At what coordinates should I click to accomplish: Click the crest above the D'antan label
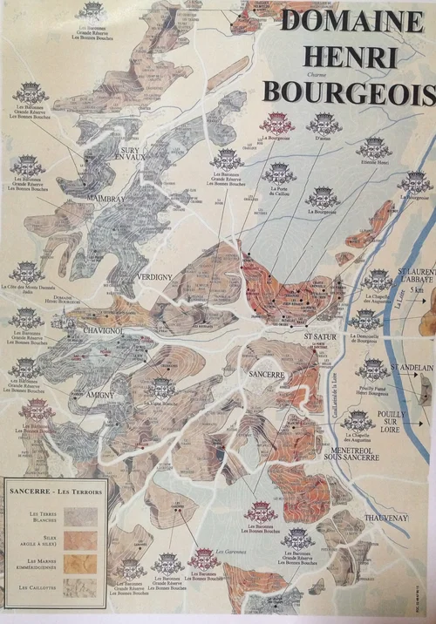click(x=323, y=123)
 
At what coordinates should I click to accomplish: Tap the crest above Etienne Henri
click(x=373, y=146)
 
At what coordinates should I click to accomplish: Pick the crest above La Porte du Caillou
click(x=279, y=172)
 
